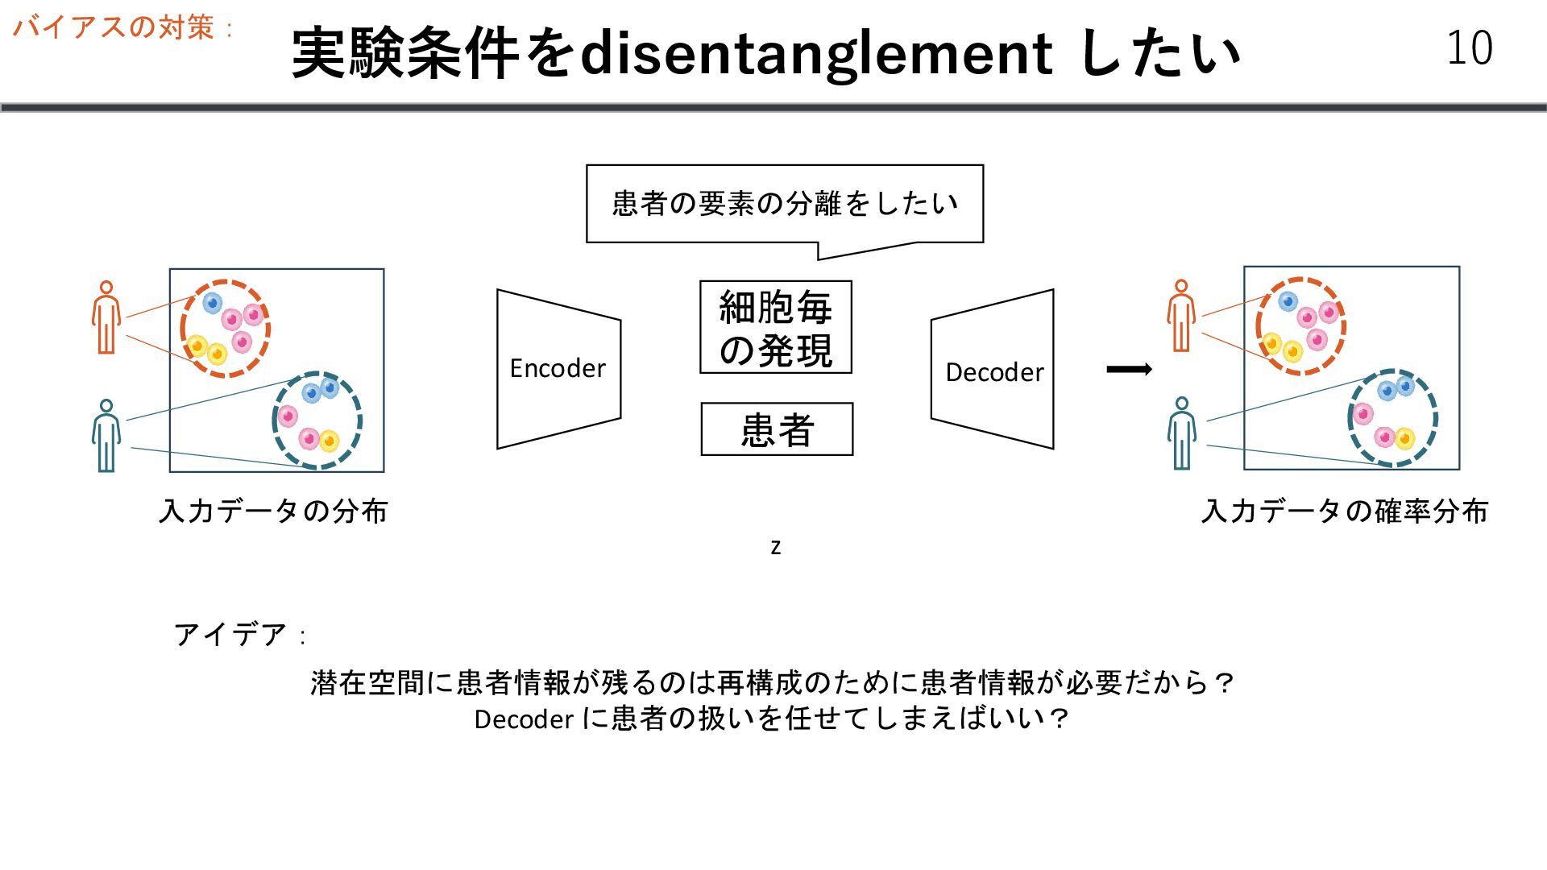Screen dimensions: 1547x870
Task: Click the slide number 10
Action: pyautogui.click(x=1469, y=48)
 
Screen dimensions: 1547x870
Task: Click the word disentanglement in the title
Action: pyautogui.click(x=815, y=53)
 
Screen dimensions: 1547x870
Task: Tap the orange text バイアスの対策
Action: pyautogui.click(x=114, y=27)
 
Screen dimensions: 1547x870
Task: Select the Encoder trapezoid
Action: pyautogui.click(x=558, y=369)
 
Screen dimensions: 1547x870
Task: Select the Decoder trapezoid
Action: pyautogui.click(x=993, y=371)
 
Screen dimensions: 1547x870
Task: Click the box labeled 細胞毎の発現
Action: pyautogui.click(x=775, y=327)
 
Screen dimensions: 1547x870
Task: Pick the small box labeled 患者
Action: pyautogui.click(x=777, y=429)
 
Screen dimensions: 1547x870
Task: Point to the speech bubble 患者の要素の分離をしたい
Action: pyautogui.click(x=784, y=204)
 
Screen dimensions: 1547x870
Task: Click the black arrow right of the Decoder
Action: pyautogui.click(x=1129, y=370)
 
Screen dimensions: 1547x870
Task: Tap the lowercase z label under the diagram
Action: pyautogui.click(x=775, y=548)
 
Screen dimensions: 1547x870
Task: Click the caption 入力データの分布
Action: pyautogui.click(x=273, y=511)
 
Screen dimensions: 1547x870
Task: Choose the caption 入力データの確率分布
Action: pyautogui.click(x=1344, y=511)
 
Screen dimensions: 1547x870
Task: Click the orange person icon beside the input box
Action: pyautogui.click(x=106, y=317)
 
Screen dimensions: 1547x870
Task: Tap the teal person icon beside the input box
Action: pyautogui.click(x=106, y=436)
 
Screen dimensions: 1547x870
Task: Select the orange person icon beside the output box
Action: pyautogui.click(x=1181, y=316)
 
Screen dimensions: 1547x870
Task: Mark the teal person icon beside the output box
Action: pyautogui.click(x=1181, y=433)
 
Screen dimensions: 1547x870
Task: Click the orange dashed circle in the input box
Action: pyautogui.click(x=225, y=328)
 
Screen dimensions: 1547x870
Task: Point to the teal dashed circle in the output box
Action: pyautogui.click(x=1392, y=417)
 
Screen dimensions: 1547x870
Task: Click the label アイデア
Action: pyautogui.click(x=230, y=635)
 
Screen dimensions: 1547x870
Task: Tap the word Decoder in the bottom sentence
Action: pyautogui.click(x=524, y=719)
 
